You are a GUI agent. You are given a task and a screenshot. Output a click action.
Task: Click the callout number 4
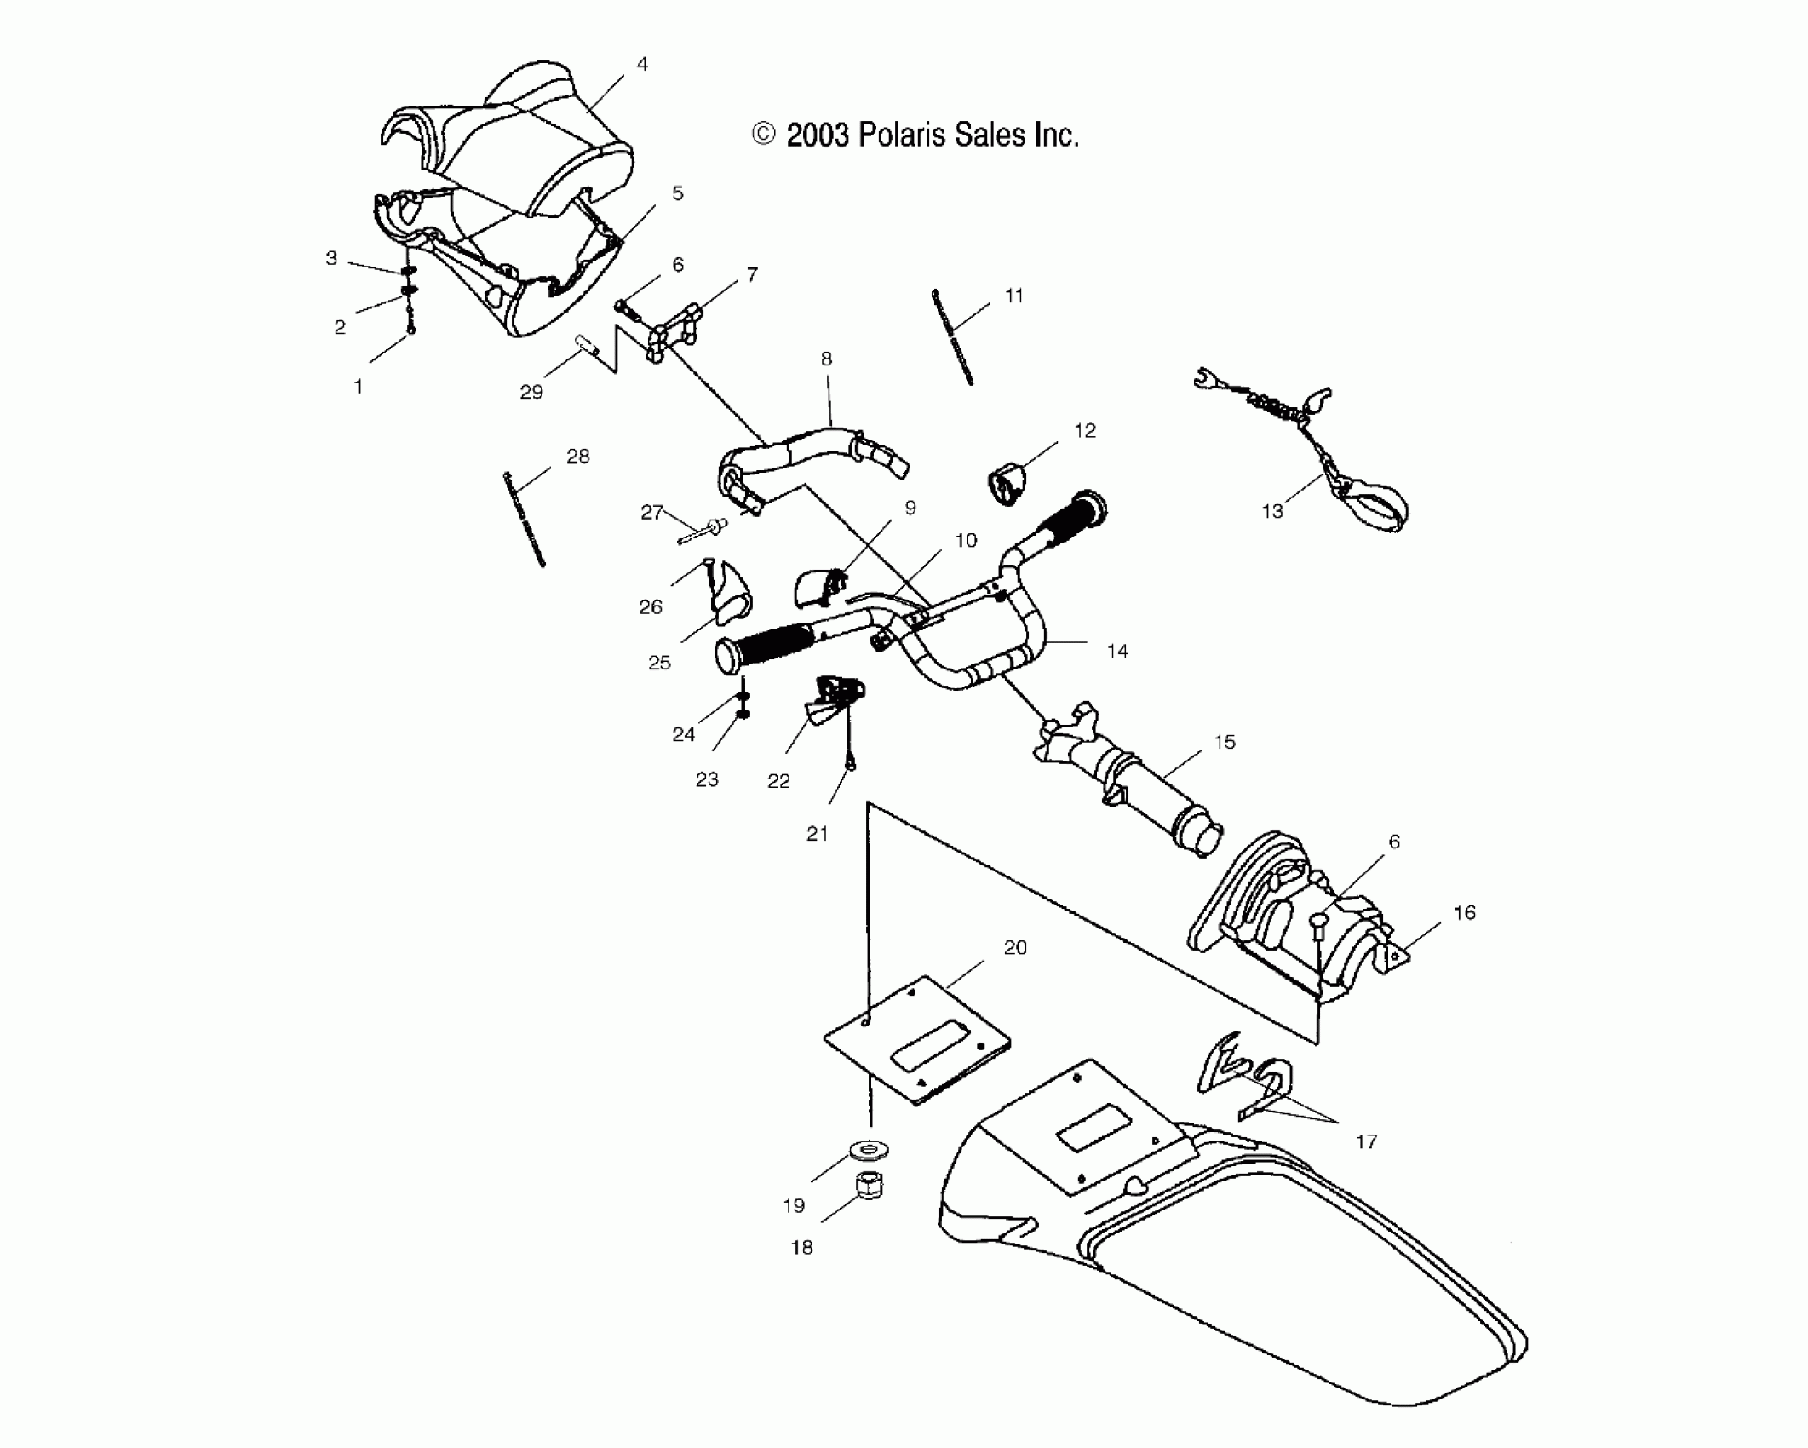pyautogui.click(x=642, y=64)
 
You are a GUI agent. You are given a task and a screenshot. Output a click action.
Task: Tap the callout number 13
pyautogui.click(x=1271, y=511)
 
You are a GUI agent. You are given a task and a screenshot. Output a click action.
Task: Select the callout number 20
pyautogui.click(x=1015, y=947)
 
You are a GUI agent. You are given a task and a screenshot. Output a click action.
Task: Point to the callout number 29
pyautogui.click(x=531, y=392)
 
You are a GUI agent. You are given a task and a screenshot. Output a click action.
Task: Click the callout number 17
pyautogui.click(x=1366, y=1141)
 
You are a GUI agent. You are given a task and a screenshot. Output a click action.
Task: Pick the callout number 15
pyautogui.click(x=1224, y=742)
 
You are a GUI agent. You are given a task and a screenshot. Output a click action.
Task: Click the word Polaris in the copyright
pyautogui.click(x=901, y=135)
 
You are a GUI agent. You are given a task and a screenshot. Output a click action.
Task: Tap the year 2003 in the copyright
pyautogui.click(x=818, y=135)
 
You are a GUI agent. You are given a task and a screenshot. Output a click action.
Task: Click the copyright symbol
pyautogui.click(x=764, y=135)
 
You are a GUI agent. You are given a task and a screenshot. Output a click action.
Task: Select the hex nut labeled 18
pyautogui.click(x=868, y=1184)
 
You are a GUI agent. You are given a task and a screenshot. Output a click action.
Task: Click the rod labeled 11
pyautogui.click(x=952, y=337)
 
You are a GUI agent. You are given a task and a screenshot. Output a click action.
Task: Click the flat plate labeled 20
pyautogui.click(x=918, y=1041)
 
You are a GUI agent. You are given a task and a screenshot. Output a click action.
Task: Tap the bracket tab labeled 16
pyautogui.click(x=1395, y=954)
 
